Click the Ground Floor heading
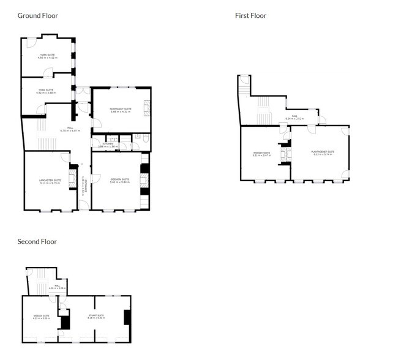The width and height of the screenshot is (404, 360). [x=37, y=15]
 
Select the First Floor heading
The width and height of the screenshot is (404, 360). [x=250, y=15]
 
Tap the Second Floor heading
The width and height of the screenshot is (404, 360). [x=37, y=241]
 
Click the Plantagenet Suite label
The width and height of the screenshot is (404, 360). [x=321, y=152]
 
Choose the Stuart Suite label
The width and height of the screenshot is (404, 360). [x=96, y=317]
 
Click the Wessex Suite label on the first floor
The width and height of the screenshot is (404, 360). [x=261, y=154]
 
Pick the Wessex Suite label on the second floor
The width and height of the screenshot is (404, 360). [x=42, y=317]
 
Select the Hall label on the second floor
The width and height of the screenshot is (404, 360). [x=57, y=287]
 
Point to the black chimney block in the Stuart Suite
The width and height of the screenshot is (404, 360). [x=127, y=317]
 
